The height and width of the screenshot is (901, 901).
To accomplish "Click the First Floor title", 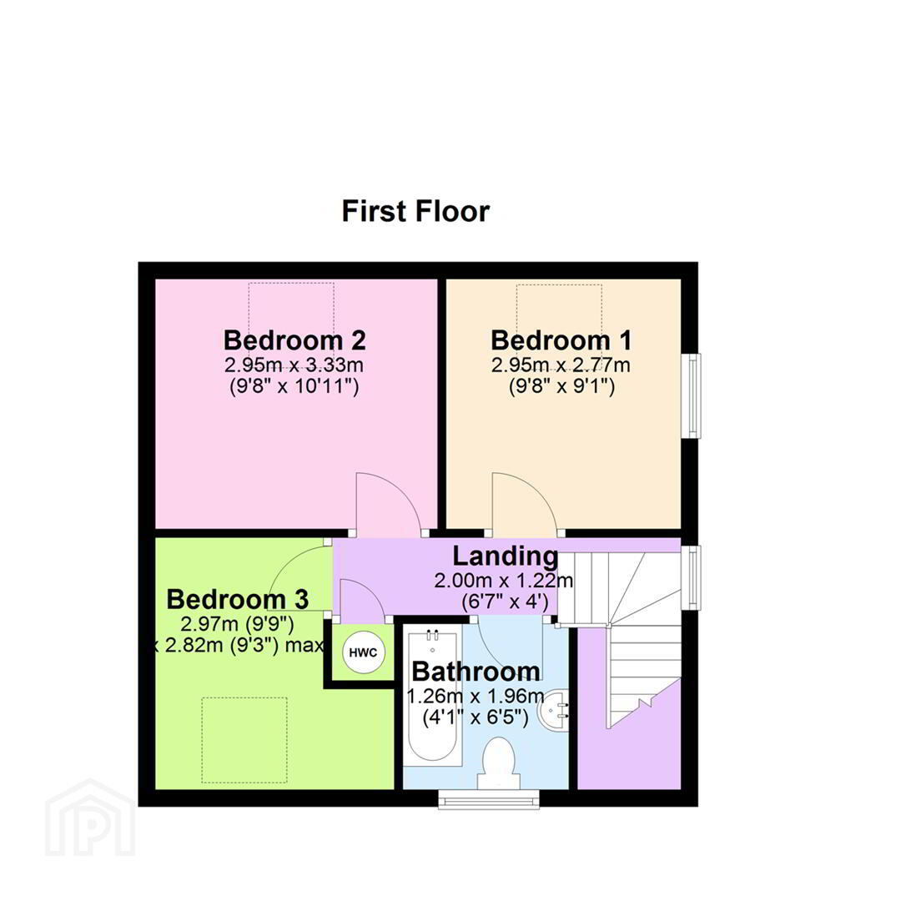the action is [x=415, y=211].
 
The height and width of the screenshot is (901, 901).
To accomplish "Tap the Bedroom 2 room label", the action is [x=294, y=340].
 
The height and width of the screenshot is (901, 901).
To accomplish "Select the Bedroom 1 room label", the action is [x=561, y=340].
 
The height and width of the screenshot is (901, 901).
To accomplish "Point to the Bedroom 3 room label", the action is [x=237, y=599].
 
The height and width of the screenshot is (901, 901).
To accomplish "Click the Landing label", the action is [x=505, y=556].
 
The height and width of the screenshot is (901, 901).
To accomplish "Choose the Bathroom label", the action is [x=476, y=671].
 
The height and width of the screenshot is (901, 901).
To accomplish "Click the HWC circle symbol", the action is [x=363, y=652].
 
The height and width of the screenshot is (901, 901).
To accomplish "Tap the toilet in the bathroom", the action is [x=497, y=763].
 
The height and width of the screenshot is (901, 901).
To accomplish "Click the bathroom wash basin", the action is [x=554, y=708].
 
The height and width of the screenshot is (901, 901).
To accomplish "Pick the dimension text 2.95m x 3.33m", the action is [x=294, y=365].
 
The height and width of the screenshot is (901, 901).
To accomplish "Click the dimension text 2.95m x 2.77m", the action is [x=561, y=365].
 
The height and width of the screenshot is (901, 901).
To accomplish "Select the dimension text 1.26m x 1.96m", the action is [x=476, y=696].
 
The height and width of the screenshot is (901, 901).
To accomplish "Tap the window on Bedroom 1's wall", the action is [x=692, y=396].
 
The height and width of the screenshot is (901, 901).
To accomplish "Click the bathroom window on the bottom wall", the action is [x=489, y=798].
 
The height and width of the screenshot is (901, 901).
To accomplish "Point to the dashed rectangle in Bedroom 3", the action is [x=244, y=740].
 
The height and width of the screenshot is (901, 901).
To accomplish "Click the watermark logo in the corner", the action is [x=90, y=818].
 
